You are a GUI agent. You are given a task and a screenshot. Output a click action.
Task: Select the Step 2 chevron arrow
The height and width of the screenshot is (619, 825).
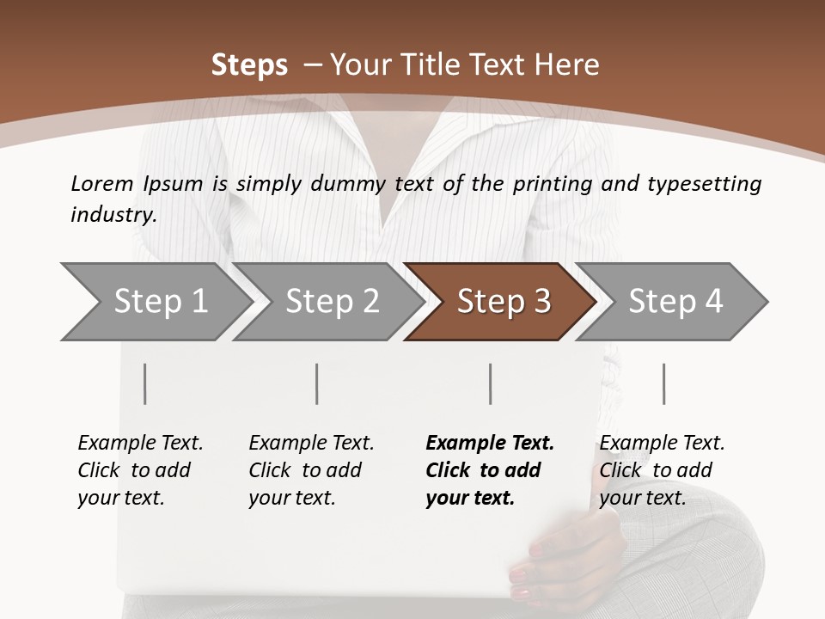(x=331, y=302)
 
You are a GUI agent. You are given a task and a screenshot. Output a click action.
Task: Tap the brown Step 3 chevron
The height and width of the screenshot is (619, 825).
(x=503, y=302)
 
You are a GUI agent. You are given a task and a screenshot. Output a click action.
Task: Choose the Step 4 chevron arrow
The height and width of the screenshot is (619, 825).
(x=675, y=302)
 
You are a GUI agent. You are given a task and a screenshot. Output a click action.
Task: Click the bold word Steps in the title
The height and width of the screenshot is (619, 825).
(x=249, y=65)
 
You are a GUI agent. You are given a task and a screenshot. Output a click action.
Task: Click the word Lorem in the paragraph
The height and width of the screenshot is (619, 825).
(x=102, y=183)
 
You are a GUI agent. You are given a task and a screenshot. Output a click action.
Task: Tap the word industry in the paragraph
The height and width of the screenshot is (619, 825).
(x=113, y=215)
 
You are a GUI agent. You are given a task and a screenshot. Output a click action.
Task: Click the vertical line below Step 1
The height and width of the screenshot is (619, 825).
(x=145, y=383)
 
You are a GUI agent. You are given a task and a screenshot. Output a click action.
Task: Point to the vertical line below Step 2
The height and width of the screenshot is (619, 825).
(x=317, y=383)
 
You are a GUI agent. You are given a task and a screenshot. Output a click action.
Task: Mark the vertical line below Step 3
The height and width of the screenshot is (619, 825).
(x=491, y=383)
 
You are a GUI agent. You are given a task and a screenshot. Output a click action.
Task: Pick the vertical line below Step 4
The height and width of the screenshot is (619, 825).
(x=664, y=383)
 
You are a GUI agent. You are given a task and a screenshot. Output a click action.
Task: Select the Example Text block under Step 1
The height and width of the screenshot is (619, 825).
(x=140, y=470)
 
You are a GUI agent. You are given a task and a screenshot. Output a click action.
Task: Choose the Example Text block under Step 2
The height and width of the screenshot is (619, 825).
(x=311, y=470)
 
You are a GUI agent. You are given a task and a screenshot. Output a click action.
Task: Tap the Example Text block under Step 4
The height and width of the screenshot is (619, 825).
(x=662, y=470)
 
